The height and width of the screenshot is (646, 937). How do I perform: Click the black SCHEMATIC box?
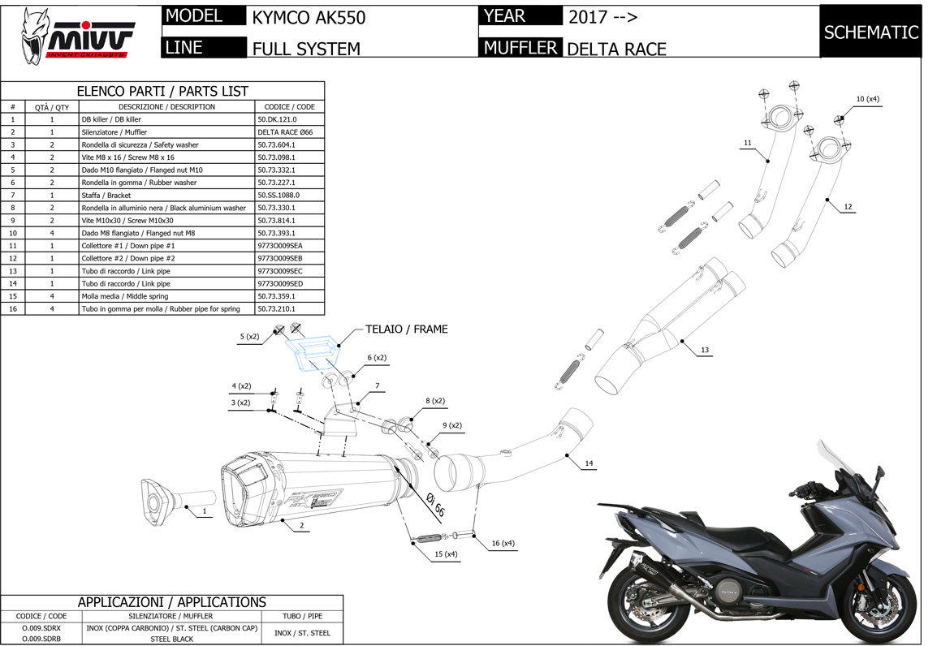(x=870, y=32)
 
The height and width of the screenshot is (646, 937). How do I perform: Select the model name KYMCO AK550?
(x=309, y=18)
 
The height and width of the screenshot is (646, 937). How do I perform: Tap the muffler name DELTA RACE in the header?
(x=616, y=49)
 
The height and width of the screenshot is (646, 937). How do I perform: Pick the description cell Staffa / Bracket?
(x=106, y=195)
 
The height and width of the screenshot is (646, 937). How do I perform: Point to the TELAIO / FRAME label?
(x=406, y=329)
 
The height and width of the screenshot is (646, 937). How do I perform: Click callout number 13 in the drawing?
(x=704, y=350)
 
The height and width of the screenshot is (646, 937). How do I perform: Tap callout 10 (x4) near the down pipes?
(x=867, y=99)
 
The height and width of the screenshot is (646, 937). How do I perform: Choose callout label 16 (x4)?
(x=503, y=543)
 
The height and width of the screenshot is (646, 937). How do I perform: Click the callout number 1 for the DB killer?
(x=205, y=512)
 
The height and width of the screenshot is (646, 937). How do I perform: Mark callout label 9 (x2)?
(x=451, y=425)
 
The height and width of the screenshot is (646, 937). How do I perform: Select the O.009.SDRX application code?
(x=41, y=627)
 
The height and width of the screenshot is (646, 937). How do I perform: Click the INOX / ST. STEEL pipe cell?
(x=302, y=633)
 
